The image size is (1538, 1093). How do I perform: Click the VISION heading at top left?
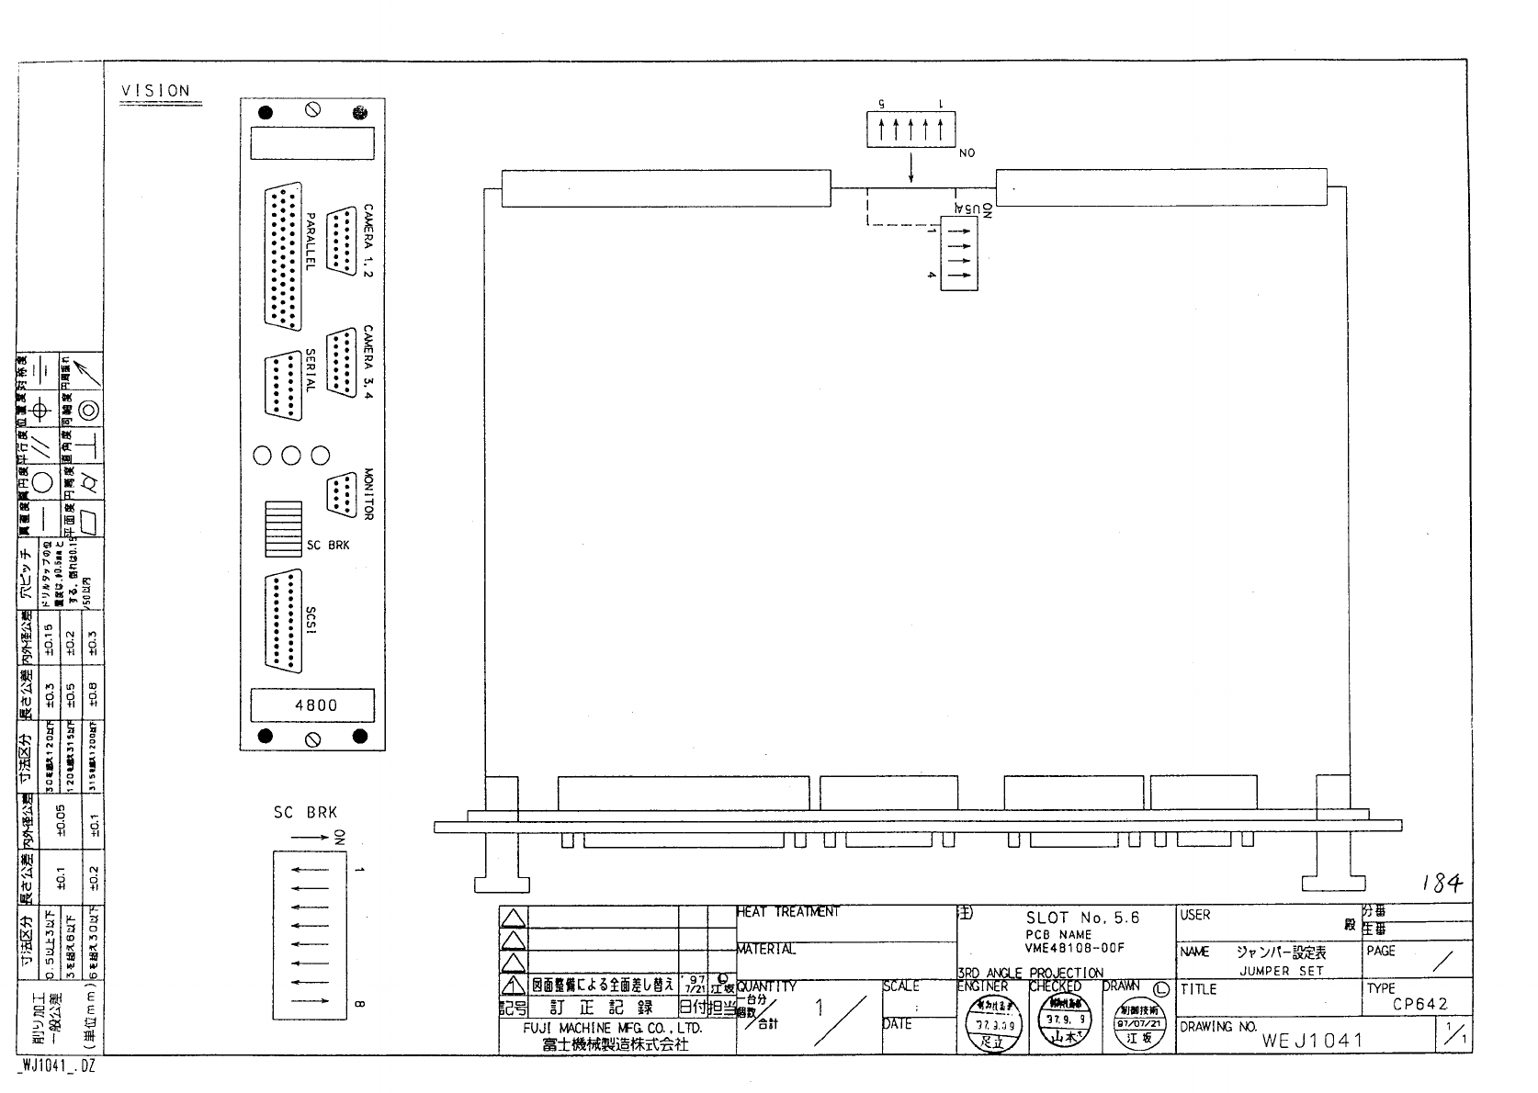[x=155, y=91]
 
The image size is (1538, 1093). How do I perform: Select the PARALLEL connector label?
[x=311, y=241]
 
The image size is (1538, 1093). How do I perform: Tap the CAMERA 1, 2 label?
[x=368, y=241]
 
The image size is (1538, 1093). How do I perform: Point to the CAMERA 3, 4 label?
[x=368, y=363]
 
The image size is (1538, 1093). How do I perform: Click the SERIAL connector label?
[x=311, y=371]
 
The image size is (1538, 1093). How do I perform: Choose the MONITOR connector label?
[x=368, y=494]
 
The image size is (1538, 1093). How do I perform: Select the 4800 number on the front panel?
[x=315, y=705]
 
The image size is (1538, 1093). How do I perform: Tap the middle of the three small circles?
[x=291, y=455]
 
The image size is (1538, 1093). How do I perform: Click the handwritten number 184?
[x=1441, y=884]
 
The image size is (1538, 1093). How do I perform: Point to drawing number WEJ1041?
[x=1312, y=1041]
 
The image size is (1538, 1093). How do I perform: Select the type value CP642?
[x=1419, y=1004]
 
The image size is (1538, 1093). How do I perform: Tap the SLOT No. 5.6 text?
[x=1081, y=918]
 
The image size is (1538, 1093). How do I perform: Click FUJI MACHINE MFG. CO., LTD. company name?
[x=612, y=1029]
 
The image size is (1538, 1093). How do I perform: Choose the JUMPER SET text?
[x=1282, y=970]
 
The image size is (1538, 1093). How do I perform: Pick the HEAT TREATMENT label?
[x=787, y=912]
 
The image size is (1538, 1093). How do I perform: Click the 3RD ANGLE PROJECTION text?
[x=1030, y=973]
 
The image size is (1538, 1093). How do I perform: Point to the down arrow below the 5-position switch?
[x=911, y=168]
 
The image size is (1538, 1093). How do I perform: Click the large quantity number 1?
[x=820, y=1008]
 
